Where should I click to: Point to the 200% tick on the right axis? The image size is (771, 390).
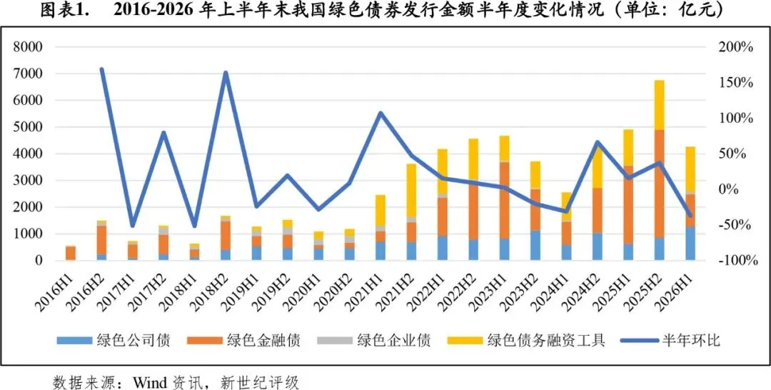[x=736, y=48]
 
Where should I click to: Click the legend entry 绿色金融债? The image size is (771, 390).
[x=243, y=340]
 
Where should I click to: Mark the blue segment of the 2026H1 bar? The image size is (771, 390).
[x=690, y=243]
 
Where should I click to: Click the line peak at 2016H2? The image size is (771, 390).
[x=102, y=69]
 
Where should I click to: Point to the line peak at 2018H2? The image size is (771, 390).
[x=226, y=73]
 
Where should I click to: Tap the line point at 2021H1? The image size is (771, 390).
[x=380, y=113]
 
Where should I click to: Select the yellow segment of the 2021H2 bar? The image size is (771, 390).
[x=411, y=190]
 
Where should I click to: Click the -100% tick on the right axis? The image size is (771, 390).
[x=736, y=261]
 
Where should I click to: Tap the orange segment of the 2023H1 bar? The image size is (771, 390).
[x=503, y=201]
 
